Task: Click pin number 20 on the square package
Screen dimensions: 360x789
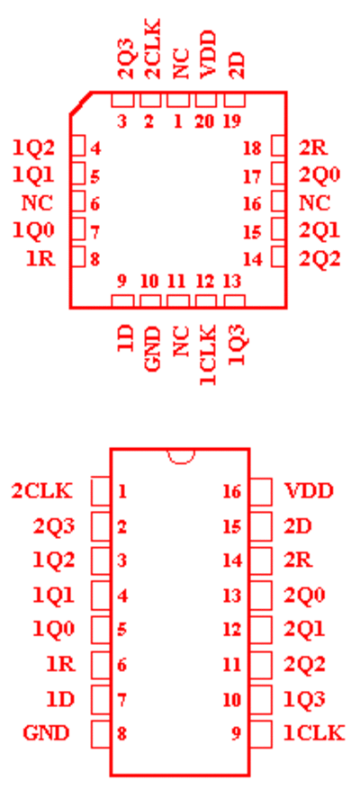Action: coord(205,121)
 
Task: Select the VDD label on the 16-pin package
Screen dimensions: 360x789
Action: coord(309,490)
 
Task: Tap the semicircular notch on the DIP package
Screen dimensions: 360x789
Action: coord(181,456)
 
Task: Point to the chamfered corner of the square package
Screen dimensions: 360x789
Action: coord(81,103)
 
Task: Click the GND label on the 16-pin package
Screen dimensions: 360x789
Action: coord(46,733)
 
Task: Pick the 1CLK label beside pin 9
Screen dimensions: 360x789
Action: coord(314,733)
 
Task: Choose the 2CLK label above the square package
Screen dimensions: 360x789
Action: coord(153,49)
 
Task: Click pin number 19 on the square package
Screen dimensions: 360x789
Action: coord(232,121)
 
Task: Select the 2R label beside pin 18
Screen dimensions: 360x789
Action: coord(313,148)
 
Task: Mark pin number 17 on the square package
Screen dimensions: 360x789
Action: coord(252,176)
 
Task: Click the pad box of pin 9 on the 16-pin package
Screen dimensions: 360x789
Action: coord(261,733)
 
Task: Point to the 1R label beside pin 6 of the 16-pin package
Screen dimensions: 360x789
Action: coord(61,664)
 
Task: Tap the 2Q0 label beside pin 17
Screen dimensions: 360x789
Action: coord(319,175)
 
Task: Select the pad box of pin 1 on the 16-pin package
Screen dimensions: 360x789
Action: coord(100,490)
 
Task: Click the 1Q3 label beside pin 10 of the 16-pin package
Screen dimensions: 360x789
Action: coord(304,699)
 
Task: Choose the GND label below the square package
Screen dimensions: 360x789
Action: coord(153,349)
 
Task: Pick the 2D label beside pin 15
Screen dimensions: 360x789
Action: coord(298,525)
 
